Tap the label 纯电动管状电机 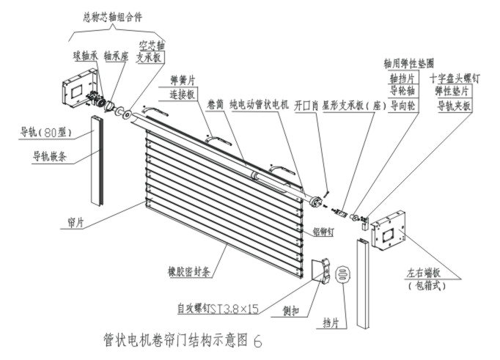coord(260,104)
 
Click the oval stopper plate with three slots coord(342,276)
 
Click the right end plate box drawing coord(389,236)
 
